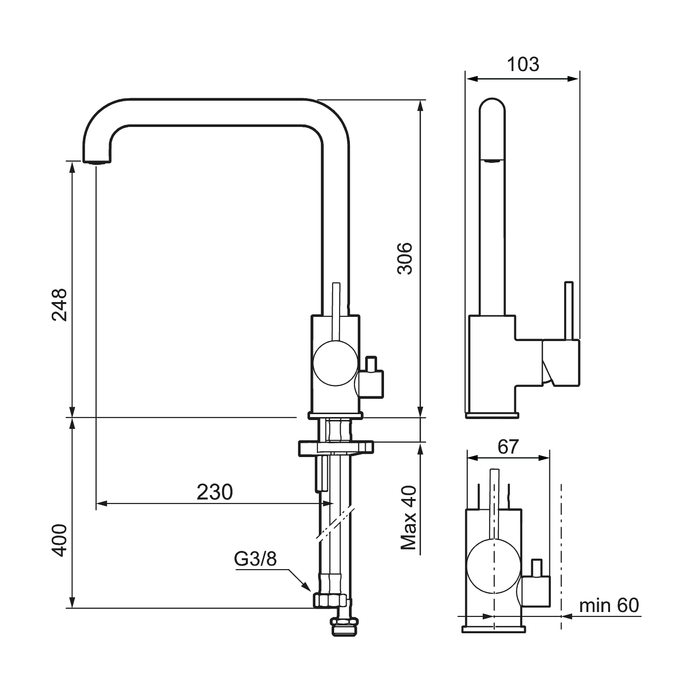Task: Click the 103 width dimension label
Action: (523, 65)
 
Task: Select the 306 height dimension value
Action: (405, 259)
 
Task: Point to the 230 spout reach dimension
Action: (215, 492)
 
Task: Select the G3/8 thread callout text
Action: (255, 559)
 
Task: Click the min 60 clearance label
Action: (609, 605)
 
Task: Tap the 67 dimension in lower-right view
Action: (508, 447)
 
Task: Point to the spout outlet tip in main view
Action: (97, 162)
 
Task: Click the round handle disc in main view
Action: (335, 363)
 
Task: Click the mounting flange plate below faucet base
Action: (336, 448)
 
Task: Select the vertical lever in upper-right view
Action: (569, 310)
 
